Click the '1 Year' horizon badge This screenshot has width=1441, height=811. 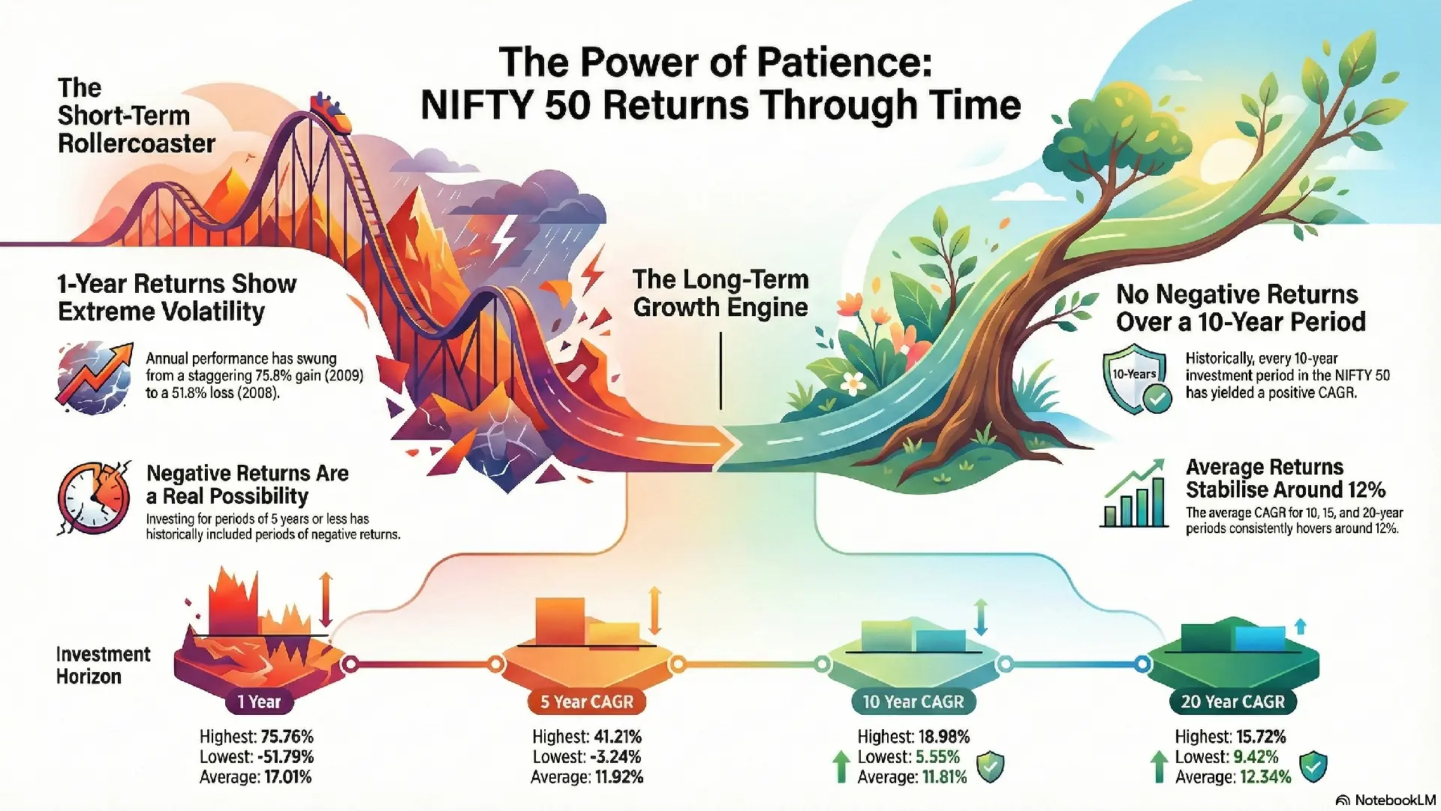tap(259, 702)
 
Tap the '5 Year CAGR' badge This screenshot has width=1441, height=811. tap(587, 702)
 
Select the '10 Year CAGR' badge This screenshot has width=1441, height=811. tap(913, 702)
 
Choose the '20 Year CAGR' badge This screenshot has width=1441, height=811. tap(1233, 702)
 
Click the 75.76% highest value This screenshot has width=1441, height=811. tap(287, 737)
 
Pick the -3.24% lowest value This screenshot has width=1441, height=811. tap(615, 757)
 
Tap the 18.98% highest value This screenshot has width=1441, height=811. tap(943, 737)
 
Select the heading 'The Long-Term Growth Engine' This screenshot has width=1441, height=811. tap(720, 293)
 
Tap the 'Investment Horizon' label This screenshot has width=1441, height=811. tap(104, 665)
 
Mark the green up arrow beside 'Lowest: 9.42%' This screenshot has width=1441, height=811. tap(1160, 767)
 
